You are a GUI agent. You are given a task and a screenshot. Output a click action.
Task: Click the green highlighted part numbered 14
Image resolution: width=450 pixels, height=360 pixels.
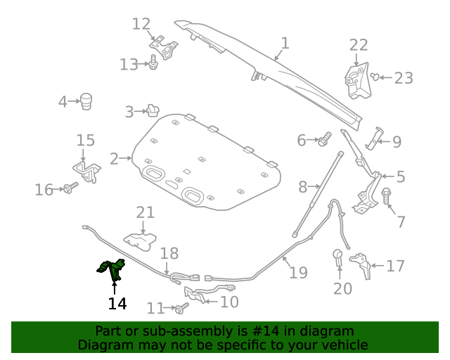coord(112,269)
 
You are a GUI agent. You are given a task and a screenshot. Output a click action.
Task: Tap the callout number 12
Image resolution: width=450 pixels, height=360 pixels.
coord(141,24)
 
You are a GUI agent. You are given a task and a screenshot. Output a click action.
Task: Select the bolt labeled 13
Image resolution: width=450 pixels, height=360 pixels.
coord(153,62)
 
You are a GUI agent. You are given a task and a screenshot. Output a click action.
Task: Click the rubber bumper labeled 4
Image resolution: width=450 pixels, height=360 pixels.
coord(86,101)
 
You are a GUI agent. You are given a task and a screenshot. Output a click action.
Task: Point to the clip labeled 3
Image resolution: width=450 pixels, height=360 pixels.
coord(153,111)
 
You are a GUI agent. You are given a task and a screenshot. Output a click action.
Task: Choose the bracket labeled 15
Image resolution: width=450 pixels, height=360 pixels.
coord(87,172)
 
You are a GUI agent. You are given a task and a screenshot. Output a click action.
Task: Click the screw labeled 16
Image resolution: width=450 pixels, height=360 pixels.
coord(70,188)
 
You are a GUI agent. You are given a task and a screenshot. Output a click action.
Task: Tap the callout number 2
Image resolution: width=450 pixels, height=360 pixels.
coord(114,159)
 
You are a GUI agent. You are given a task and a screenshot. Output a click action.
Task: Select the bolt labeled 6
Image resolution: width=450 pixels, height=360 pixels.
coord(325,139)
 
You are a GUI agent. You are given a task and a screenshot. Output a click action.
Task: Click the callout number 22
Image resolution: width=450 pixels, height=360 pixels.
coord(359,45)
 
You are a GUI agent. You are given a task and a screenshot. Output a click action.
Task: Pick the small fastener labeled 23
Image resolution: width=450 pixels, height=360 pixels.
coord(375,77)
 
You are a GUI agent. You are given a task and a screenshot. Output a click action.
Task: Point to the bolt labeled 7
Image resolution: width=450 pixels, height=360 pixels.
coord(386,195)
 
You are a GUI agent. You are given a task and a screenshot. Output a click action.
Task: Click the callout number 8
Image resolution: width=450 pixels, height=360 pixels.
coord(303,187)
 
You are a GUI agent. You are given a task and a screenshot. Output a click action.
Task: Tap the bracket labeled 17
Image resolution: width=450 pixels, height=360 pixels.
coord(361,264)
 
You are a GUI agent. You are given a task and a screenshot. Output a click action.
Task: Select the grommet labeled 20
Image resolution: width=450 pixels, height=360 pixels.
coord(337,257)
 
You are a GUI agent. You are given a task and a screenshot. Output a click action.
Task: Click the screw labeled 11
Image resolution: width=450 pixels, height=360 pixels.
coord(181,308)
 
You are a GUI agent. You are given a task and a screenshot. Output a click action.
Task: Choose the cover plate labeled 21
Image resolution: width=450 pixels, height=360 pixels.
coord(141,241)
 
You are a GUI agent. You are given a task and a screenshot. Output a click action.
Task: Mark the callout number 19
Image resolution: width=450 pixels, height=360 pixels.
coord(298,272)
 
